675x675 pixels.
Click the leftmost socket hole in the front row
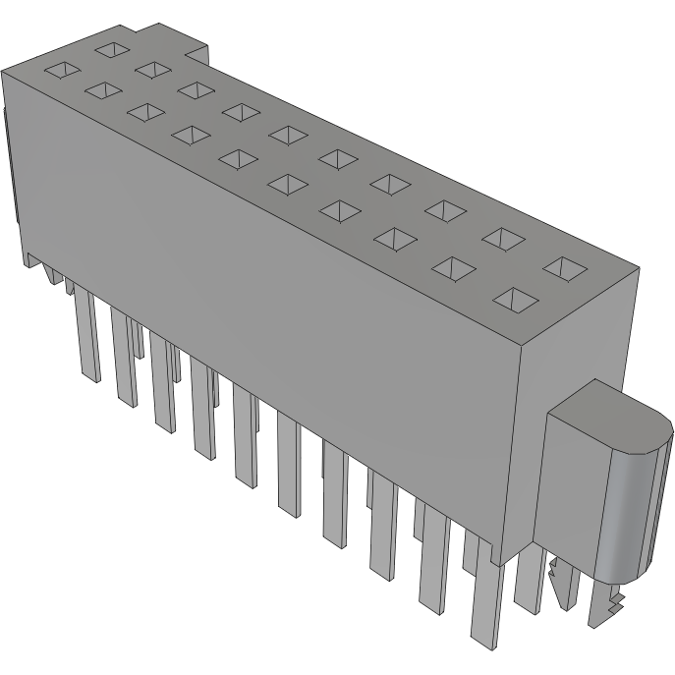tap(62, 70)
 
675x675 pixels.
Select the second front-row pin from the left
tap(126, 360)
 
